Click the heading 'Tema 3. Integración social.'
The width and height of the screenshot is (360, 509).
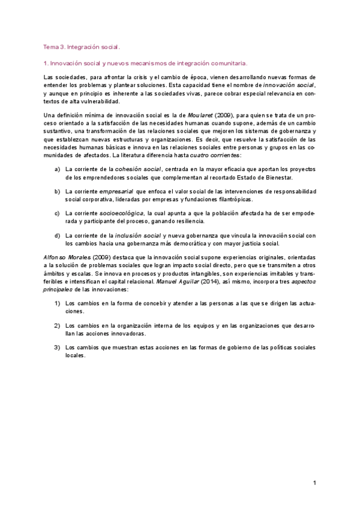click(x=82, y=46)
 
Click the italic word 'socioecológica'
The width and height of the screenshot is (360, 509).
click(x=121, y=213)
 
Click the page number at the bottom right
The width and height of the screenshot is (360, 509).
click(x=314, y=483)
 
